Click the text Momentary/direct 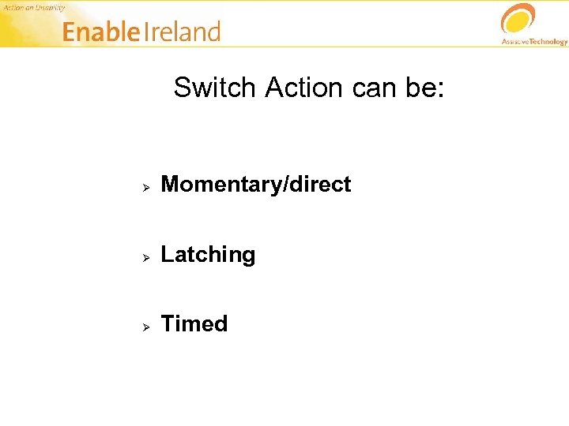(256, 185)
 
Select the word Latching (208, 255)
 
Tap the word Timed (194, 324)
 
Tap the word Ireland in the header (183, 32)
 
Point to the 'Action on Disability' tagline (33, 7)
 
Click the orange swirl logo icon (518, 19)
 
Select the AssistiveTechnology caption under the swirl (534, 41)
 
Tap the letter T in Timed (167, 324)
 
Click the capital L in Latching (167, 255)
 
